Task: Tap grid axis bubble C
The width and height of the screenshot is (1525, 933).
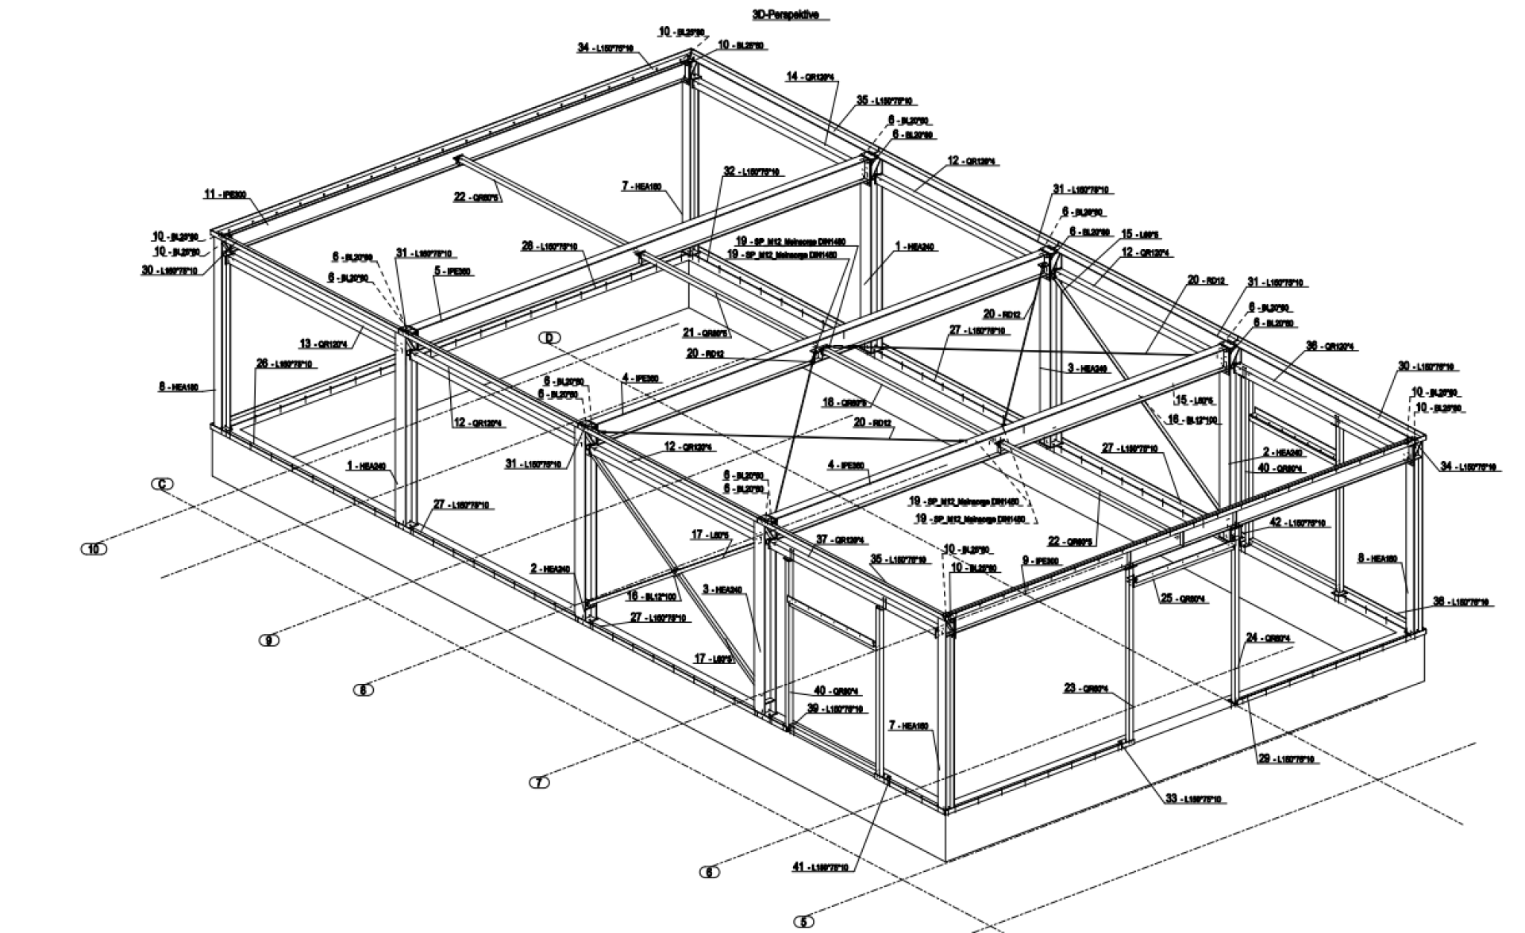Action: [x=163, y=484]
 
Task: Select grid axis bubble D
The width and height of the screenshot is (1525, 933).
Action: [x=549, y=338]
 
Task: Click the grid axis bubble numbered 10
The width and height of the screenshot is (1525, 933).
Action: [x=94, y=548]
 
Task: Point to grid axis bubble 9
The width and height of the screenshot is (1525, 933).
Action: [x=269, y=640]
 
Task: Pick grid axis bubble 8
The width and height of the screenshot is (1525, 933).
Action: [x=363, y=690]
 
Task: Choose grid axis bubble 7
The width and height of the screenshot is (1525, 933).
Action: [x=539, y=782]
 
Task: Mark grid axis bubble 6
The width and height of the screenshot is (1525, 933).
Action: [x=709, y=872]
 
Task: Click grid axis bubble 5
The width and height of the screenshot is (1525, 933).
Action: [x=803, y=922]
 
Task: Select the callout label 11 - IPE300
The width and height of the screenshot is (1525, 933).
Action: [x=225, y=194]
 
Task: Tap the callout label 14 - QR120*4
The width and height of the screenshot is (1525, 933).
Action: [x=811, y=77]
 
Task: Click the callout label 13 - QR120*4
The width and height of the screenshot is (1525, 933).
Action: [x=324, y=344]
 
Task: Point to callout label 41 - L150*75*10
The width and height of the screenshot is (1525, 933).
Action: [x=820, y=867]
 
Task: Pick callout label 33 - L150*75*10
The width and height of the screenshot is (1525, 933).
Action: [x=1193, y=799]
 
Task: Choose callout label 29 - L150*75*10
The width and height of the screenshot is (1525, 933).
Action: [x=1286, y=759]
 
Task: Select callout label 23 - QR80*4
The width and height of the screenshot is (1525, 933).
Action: [x=1086, y=689]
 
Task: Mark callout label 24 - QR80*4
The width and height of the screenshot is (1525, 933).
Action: [x=1268, y=638]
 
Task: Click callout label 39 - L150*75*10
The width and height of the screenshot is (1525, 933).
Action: [x=835, y=708]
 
